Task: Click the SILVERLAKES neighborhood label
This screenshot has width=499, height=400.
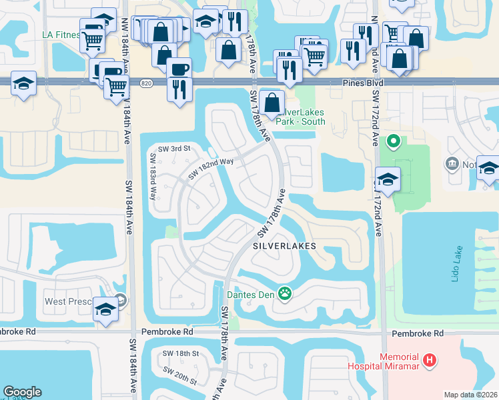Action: pyautogui.click(x=284, y=245)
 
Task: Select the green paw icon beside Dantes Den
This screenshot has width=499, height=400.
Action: pyautogui.click(x=286, y=293)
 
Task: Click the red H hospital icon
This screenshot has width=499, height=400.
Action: pyautogui.click(x=430, y=361)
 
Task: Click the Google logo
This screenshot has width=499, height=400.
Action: pyautogui.click(x=22, y=392)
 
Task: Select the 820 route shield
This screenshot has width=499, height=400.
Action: pyautogui.click(x=146, y=83)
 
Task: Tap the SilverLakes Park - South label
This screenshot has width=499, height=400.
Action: pyautogui.click(x=302, y=117)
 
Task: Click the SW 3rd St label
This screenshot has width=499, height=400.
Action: pyautogui.click(x=174, y=148)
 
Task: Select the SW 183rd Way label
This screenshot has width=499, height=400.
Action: pyautogui.click(x=153, y=177)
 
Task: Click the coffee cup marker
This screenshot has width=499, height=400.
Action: pyautogui.click(x=178, y=68)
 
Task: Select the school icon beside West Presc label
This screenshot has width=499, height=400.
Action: pyautogui.click(x=105, y=309)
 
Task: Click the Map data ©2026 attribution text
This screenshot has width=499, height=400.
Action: pyautogui.click(x=470, y=395)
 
